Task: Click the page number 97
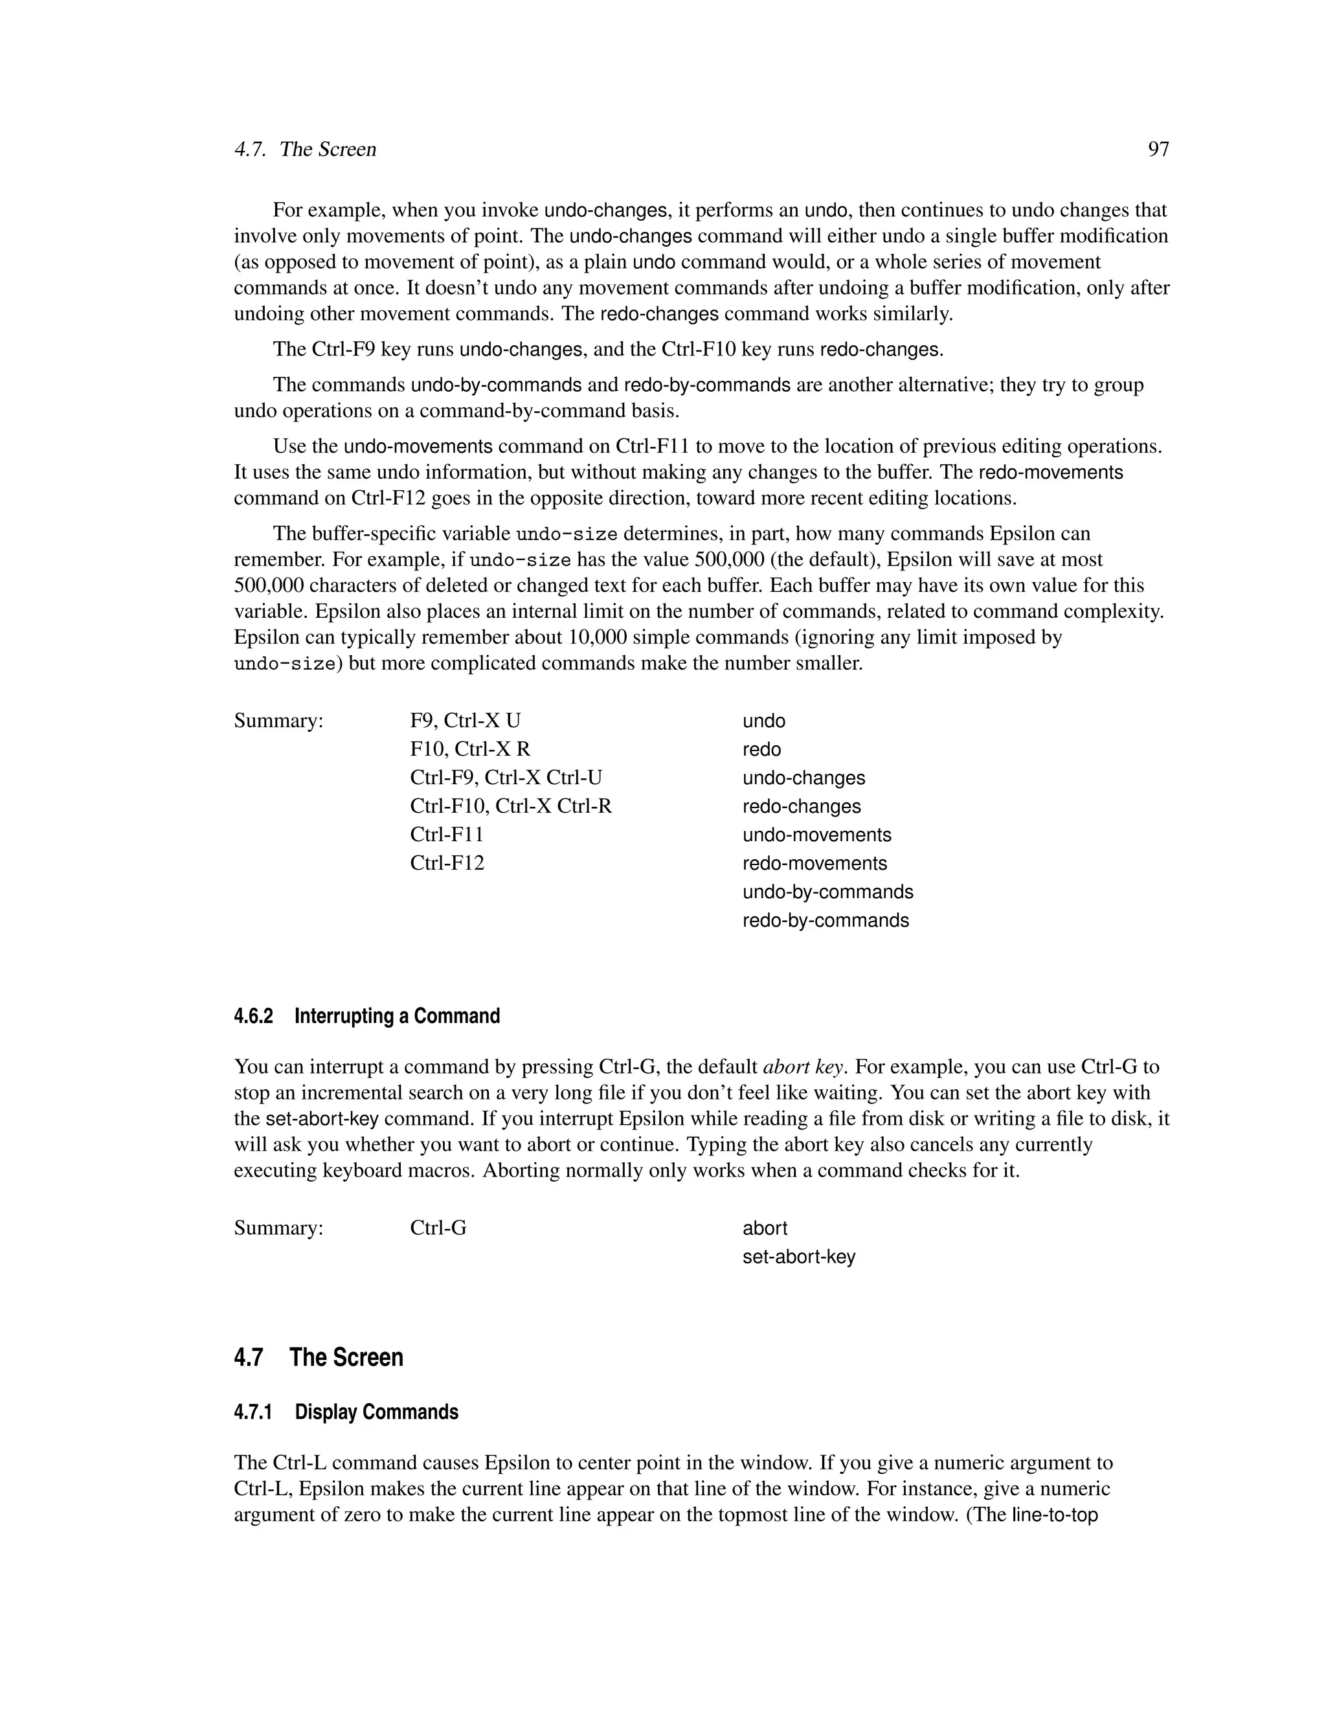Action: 1158,150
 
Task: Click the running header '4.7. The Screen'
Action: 305,150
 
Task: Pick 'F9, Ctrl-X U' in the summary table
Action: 465,721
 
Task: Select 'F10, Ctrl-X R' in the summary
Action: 470,749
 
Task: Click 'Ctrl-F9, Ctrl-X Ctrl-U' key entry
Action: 506,777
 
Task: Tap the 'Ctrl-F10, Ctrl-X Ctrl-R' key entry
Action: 511,806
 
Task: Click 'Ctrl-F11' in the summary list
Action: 447,835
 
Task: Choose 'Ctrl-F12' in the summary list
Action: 447,863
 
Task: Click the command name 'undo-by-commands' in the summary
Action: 828,892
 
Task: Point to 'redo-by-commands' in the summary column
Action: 826,920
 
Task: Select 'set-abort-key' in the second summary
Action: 799,1256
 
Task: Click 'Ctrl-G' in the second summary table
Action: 438,1228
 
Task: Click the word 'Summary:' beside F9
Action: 279,721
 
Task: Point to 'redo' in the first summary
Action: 761,749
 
